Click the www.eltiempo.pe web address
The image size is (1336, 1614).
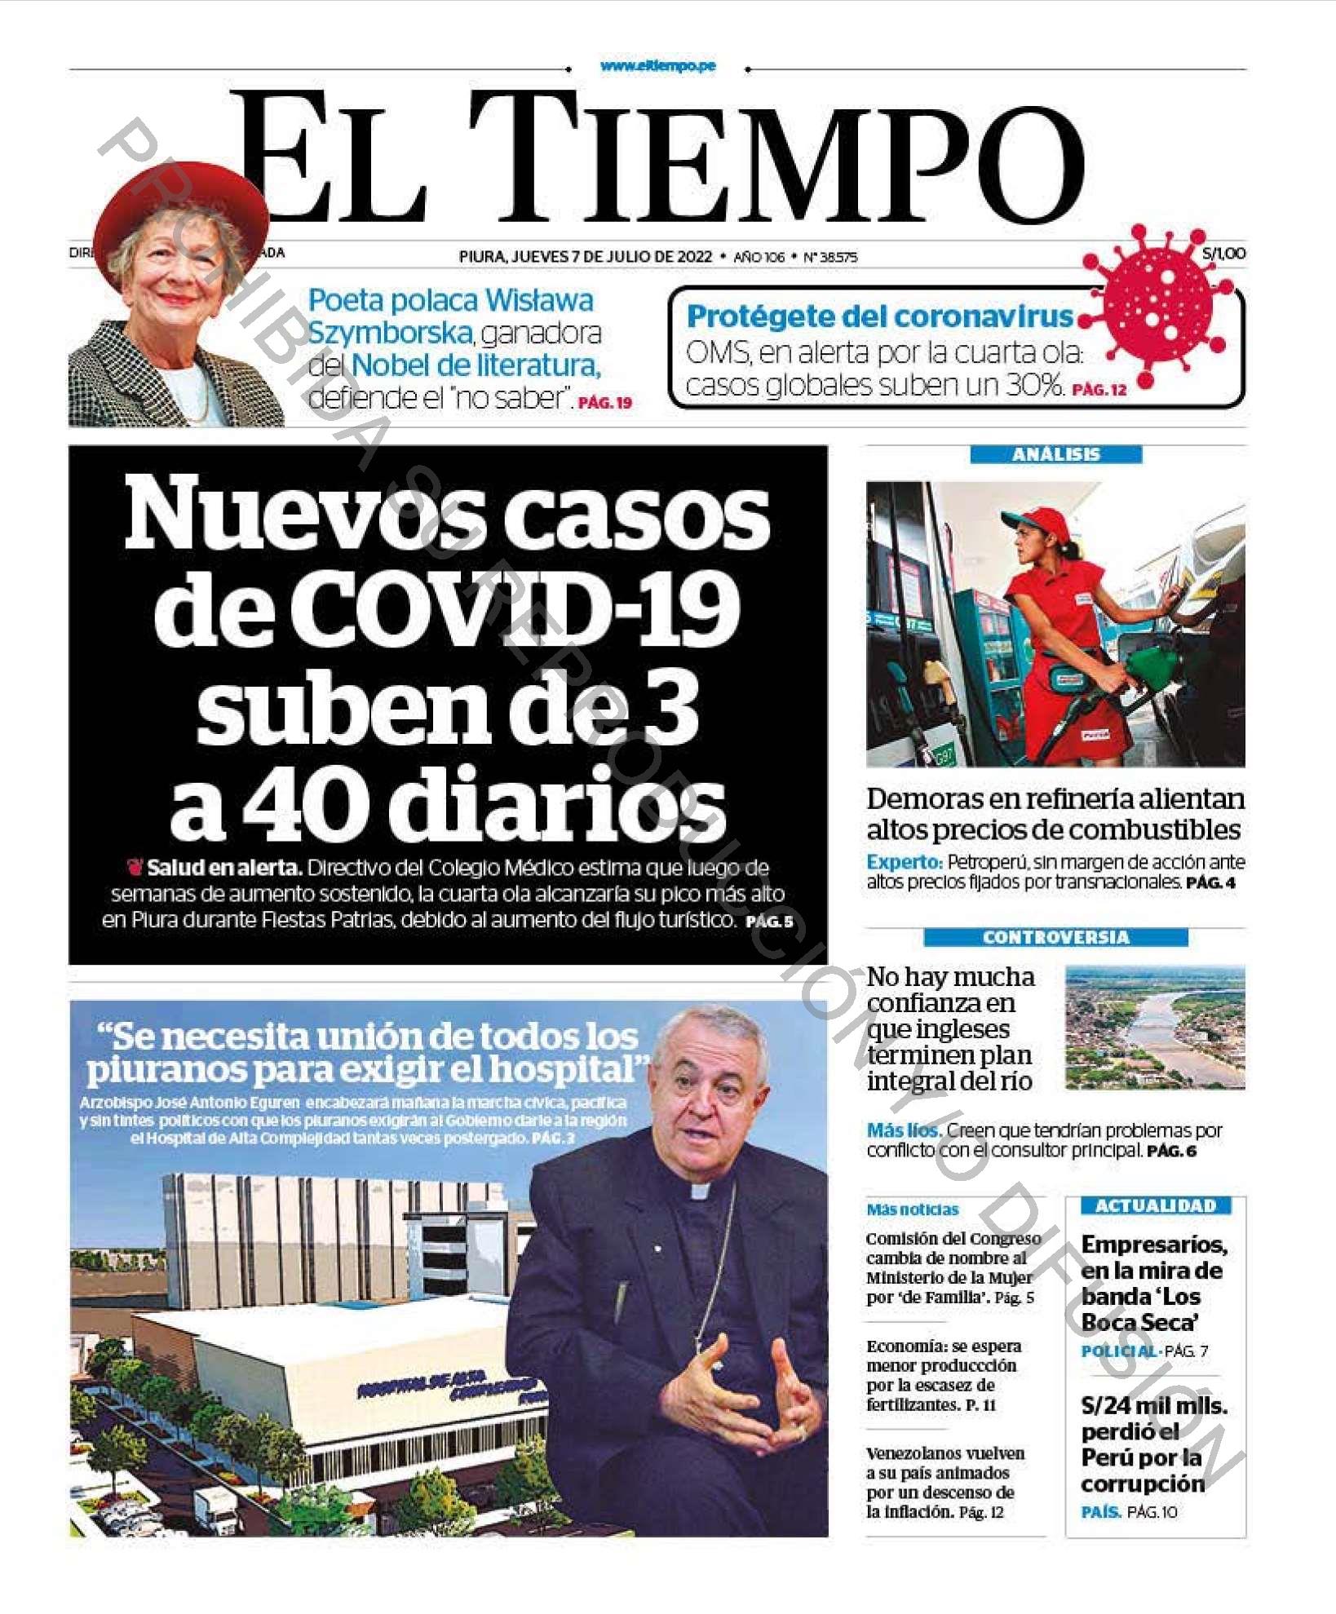[657, 66]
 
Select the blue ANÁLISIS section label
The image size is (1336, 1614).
[1055, 454]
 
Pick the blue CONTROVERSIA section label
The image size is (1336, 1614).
[1055, 937]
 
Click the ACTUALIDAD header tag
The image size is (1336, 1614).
[1155, 1205]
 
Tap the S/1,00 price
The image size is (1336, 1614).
[1223, 254]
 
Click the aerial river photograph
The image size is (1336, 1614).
[1154, 1028]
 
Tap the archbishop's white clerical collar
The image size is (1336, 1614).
[700, 1192]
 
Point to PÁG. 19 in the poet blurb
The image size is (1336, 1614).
[604, 403]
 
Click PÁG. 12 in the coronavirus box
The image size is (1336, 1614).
[1099, 390]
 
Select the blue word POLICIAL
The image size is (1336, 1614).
[1118, 1351]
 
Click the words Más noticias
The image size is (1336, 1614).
[912, 1209]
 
